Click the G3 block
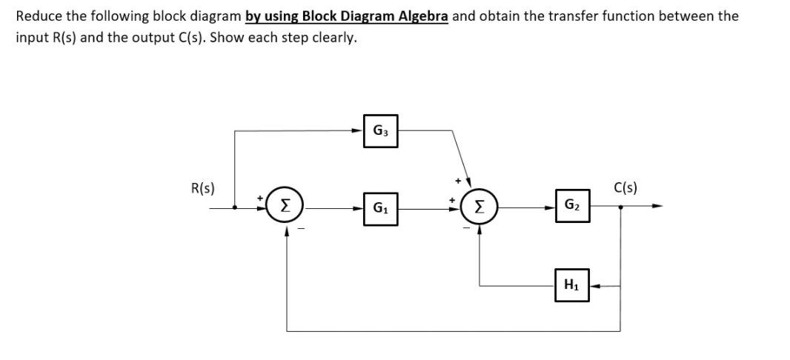tap(380, 131)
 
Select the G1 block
tap(380, 208)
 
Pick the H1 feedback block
tap(572, 284)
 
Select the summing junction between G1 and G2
tap(478, 207)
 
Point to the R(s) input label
tap(203, 188)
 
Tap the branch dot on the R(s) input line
tap(235, 207)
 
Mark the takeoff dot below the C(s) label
tap(620, 207)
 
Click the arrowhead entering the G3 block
tap(358, 131)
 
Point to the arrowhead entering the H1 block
tap(594, 284)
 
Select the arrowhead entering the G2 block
tap(550, 207)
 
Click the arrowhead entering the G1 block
tap(358, 208)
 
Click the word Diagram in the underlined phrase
tap(361, 16)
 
